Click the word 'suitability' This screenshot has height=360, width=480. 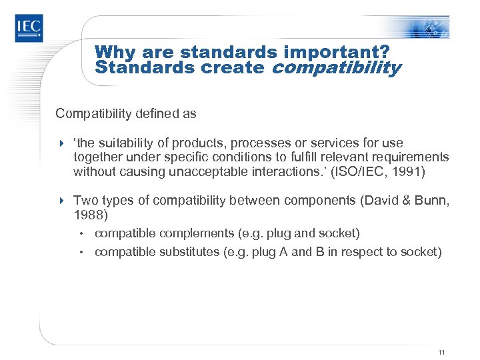pos(125,143)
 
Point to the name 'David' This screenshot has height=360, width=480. pos(369,199)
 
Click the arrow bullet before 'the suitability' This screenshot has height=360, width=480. pos(61,143)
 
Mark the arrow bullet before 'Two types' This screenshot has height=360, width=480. pos(61,200)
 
